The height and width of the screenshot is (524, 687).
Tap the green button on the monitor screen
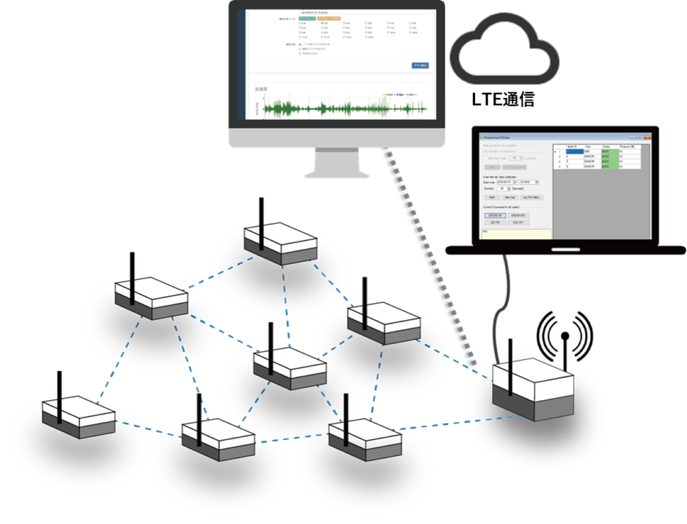click(307, 18)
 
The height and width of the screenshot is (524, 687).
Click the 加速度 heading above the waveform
click(262, 89)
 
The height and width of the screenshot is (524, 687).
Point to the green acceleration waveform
click(343, 108)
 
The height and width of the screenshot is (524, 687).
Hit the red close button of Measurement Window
click(647, 137)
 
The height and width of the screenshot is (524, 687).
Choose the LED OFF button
click(518, 222)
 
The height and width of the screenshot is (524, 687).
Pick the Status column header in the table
click(607, 147)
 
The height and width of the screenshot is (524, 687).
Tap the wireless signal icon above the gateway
click(564, 334)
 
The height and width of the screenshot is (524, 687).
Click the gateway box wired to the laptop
click(533, 389)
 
